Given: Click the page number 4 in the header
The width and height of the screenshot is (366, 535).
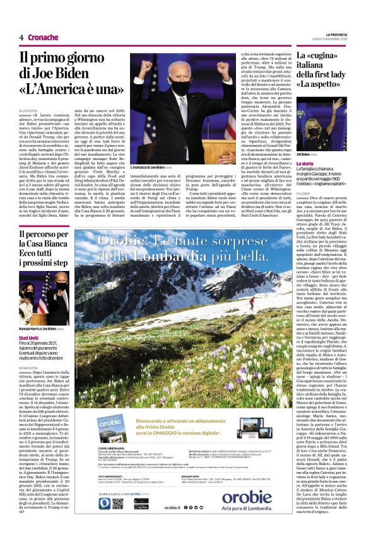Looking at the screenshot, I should pos(21,37).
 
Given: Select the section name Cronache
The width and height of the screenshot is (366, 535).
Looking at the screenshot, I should pos(44,37).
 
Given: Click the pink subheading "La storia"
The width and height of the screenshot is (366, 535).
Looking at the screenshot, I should pos(304,164).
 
